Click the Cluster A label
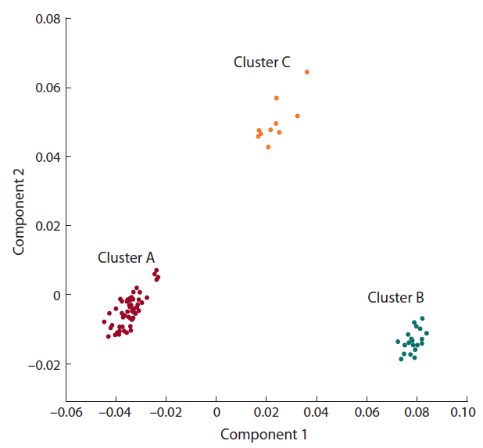[126, 257]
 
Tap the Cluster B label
[395, 298]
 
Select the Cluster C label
[262, 63]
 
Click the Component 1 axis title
[264, 434]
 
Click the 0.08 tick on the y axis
[47, 19]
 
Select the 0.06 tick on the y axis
[47, 88]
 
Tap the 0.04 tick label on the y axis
[47, 157]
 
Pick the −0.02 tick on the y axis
[43, 364]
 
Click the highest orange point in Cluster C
[307, 72]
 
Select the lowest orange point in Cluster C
[268, 147]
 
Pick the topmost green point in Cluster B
[422, 318]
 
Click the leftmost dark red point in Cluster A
[104, 322]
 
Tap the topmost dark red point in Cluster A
[156, 271]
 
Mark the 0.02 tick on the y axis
[47, 226]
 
